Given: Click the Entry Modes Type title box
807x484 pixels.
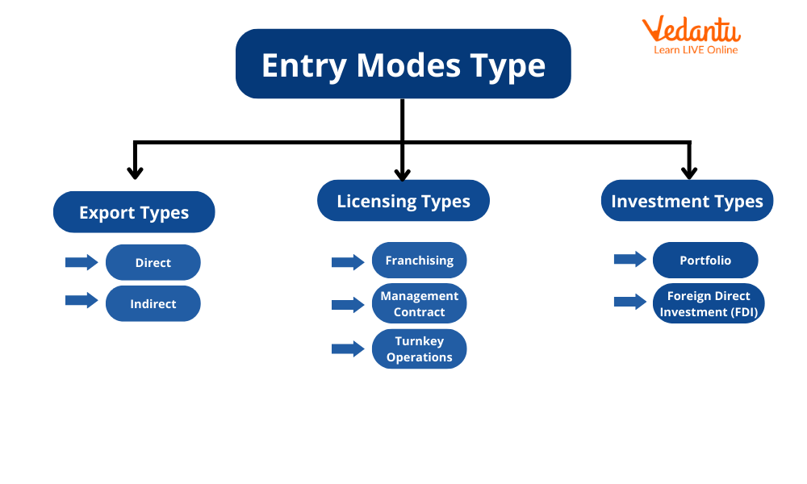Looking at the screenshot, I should [x=403, y=65].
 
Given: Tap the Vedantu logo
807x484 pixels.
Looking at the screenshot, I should [x=691, y=32].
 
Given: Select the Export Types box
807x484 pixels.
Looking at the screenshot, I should [x=134, y=212].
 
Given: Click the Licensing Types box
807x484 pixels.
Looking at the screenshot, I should [x=403, y=201].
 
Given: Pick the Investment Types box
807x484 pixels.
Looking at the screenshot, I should [x=687, y=201].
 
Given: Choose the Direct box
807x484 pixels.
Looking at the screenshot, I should [x=153, y=262].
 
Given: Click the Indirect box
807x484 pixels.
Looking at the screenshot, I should [x=153, y=303].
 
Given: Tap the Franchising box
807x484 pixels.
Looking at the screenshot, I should [x=419, y=260].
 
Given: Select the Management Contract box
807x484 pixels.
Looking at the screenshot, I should [x=419, y=303].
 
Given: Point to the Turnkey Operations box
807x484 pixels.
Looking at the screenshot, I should [x=419, y=348].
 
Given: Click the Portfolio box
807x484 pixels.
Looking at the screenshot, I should [x=705, y=260].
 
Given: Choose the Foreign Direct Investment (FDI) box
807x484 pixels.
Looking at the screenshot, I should [x=709, y=303].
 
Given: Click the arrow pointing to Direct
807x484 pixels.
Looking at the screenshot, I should [x=81, y=261].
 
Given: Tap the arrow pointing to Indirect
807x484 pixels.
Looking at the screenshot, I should [x=81, y=300].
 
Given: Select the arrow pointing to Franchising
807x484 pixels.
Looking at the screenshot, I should [x=348, y=261].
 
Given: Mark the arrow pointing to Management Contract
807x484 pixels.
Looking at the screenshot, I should [x=348, y=304].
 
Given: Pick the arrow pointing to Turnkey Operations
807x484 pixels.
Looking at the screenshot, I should [x=348, y=348].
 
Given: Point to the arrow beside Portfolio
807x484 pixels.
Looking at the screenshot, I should [x=629, y=259].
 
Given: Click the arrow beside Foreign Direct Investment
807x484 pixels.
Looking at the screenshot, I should [x=629, y=302].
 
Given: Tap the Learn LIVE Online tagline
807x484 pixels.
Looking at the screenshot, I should [x=696, y=50].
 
